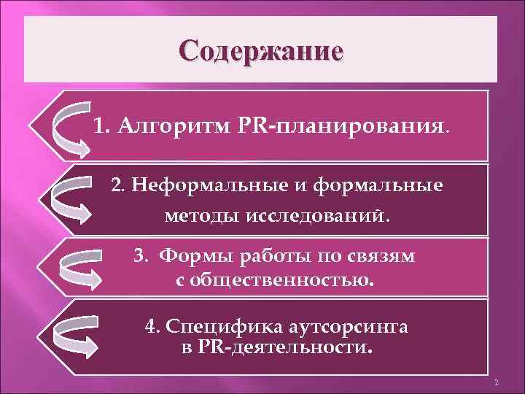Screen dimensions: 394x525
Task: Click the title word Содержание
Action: [x=262, y=52]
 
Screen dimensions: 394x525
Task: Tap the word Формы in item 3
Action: [x=192, y=257]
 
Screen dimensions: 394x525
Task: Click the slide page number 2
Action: [x=495, y=383]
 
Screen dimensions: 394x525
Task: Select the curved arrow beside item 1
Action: [x=72, y=128]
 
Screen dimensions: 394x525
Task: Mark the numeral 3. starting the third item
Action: [x=141, y=257]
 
